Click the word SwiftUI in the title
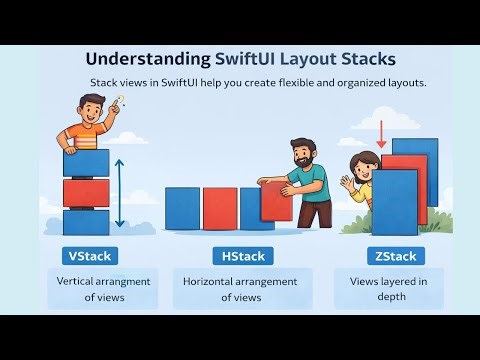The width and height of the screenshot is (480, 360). click(254, 59)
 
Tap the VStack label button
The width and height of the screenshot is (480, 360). click(87, 256)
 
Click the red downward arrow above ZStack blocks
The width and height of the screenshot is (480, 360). click(382, 133)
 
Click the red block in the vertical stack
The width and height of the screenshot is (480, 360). click(86, 192)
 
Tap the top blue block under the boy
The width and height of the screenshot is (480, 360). click(86, 162)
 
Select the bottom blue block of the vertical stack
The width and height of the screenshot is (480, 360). click(86, 221)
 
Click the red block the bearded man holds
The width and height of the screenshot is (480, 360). click(275, 200)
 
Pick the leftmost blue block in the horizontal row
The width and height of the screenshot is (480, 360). click(182, 209)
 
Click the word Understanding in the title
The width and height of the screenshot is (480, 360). click(147, 59)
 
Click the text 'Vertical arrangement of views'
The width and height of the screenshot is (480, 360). click(104, 289)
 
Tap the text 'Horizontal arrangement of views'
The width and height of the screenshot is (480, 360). click(240, 289)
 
